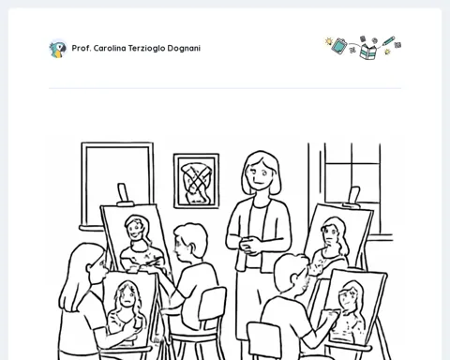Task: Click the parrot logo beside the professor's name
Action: click(x=58, y=49)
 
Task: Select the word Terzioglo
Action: click(x=146, y=49)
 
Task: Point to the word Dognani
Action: click(x=184, y=49)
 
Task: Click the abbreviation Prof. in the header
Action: click(x=82, y=48)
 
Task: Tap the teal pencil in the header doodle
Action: click(x=388, y=41)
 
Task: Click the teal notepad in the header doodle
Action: click(x=339, y=46)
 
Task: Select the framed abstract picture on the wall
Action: click(x=196, y=181)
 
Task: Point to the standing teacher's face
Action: click(x=260, y=173)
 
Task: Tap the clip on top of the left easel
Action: click(x=124, y=194)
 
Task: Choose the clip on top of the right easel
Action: click(x=353, y=197)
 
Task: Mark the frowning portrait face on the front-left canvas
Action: click(x=127, y=296)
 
